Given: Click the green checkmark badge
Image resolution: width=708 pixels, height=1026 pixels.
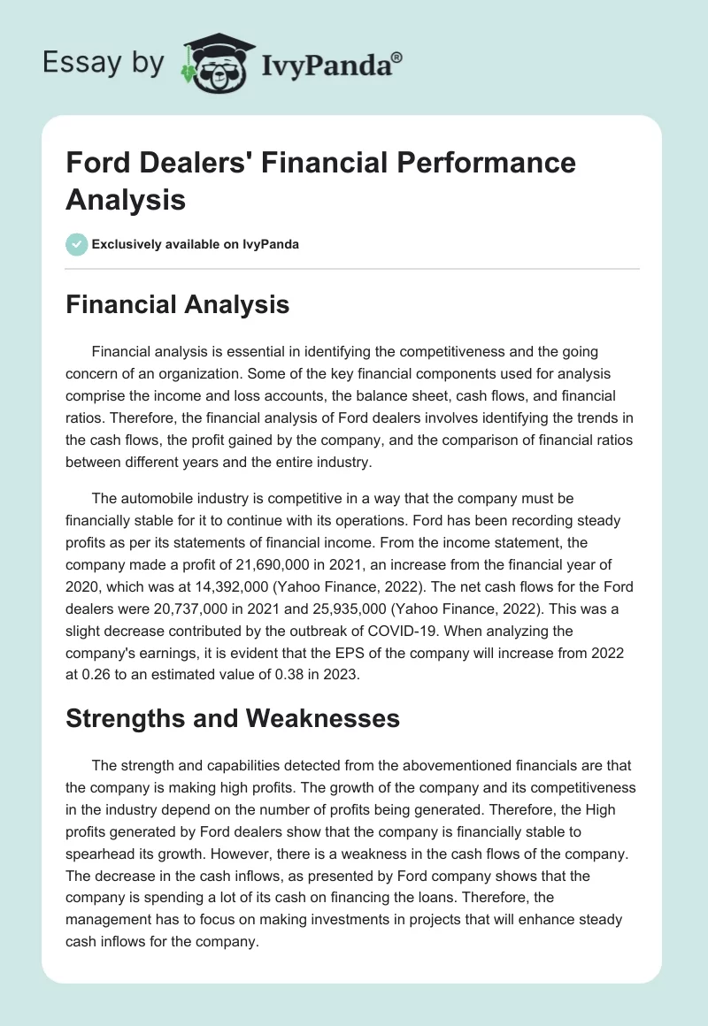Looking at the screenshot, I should tap(77, 244).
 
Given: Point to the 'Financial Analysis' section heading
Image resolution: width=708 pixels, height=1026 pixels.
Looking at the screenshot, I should tap(178, 304).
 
